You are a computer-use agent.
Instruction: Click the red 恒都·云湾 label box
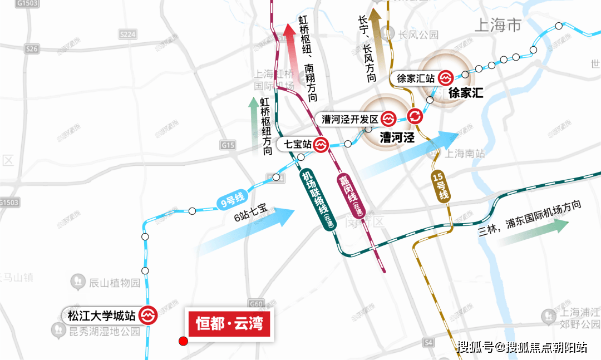(x=229, y=323)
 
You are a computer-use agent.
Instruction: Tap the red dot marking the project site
(x=182, y=341)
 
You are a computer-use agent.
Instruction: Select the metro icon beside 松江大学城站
(x=149, y=315)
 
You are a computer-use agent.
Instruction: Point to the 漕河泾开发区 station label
(x=350, y=119)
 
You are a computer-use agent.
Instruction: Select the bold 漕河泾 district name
(x=397, y=137)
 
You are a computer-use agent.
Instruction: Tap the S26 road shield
(x=32, y=49)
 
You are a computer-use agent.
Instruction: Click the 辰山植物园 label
(x=106, y=283)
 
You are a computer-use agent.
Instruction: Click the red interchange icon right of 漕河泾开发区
(x=415, y=116)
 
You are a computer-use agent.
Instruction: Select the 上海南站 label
(x=465, y=154)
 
